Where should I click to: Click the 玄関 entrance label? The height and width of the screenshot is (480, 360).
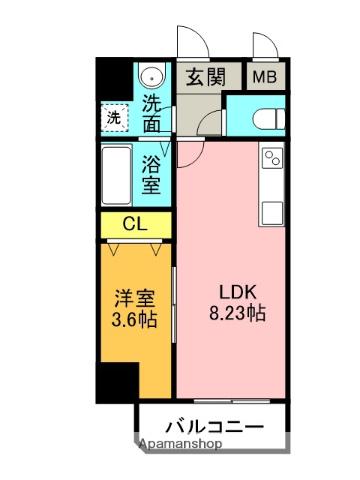208,78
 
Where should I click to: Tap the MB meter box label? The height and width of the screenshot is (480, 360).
265,77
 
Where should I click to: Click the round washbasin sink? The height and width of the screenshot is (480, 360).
152,77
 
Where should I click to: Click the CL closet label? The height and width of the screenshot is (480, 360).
134,224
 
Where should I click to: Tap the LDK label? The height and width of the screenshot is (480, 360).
238,292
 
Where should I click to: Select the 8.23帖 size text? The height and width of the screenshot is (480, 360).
238,313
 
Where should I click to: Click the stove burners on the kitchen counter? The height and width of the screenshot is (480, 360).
272,159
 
